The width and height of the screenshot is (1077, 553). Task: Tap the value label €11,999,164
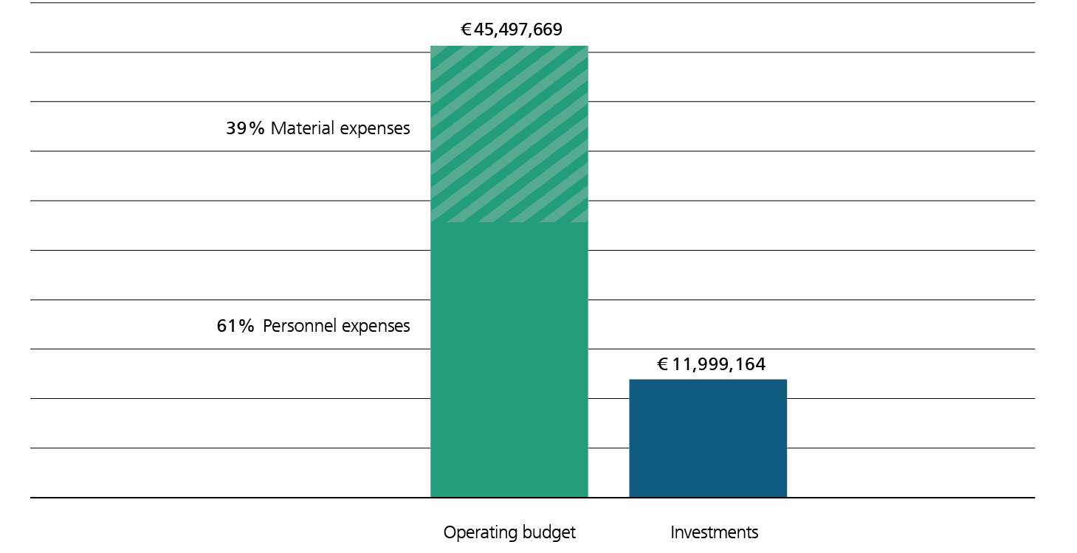tap(711, 364)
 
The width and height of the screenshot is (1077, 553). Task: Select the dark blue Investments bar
tap(708, 439)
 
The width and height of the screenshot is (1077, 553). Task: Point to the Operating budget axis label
tap(509, 532)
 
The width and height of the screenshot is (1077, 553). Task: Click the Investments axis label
tap(714, 532)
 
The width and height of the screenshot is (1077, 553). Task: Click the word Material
tap(303, 129)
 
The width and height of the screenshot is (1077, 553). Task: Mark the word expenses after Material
tap(375, 129)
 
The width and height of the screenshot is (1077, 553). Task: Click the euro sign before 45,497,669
tap(466, 30)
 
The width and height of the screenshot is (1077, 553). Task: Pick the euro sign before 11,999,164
tap(662, 364)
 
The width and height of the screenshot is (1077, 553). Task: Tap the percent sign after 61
tap(247, 326)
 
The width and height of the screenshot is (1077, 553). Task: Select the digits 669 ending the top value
tap(549, 30)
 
